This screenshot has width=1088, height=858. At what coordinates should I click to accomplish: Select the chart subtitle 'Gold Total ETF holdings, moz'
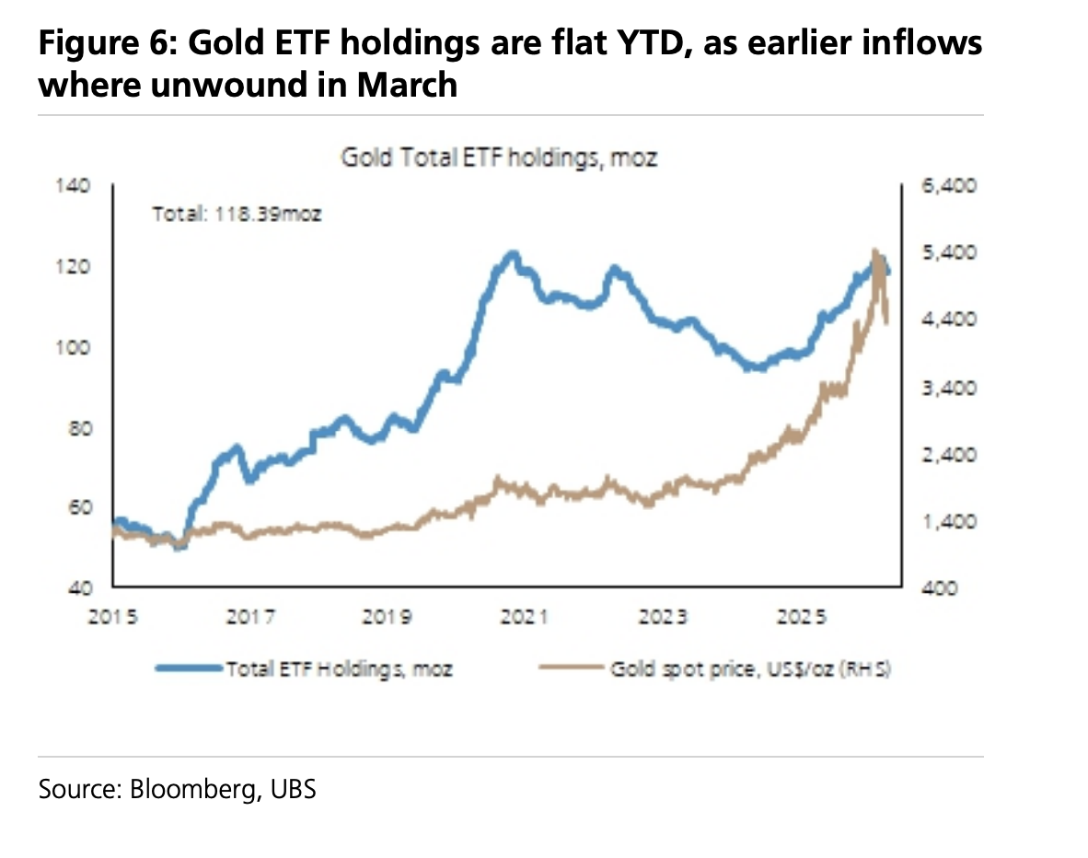click(x=500, y=157)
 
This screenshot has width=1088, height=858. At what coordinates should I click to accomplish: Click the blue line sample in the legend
click(x=190, y=669)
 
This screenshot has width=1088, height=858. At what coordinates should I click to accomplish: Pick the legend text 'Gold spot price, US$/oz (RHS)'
click(x=750, y=669)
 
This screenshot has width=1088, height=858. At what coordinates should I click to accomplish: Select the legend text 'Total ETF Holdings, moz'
click(x=339, y=669)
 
